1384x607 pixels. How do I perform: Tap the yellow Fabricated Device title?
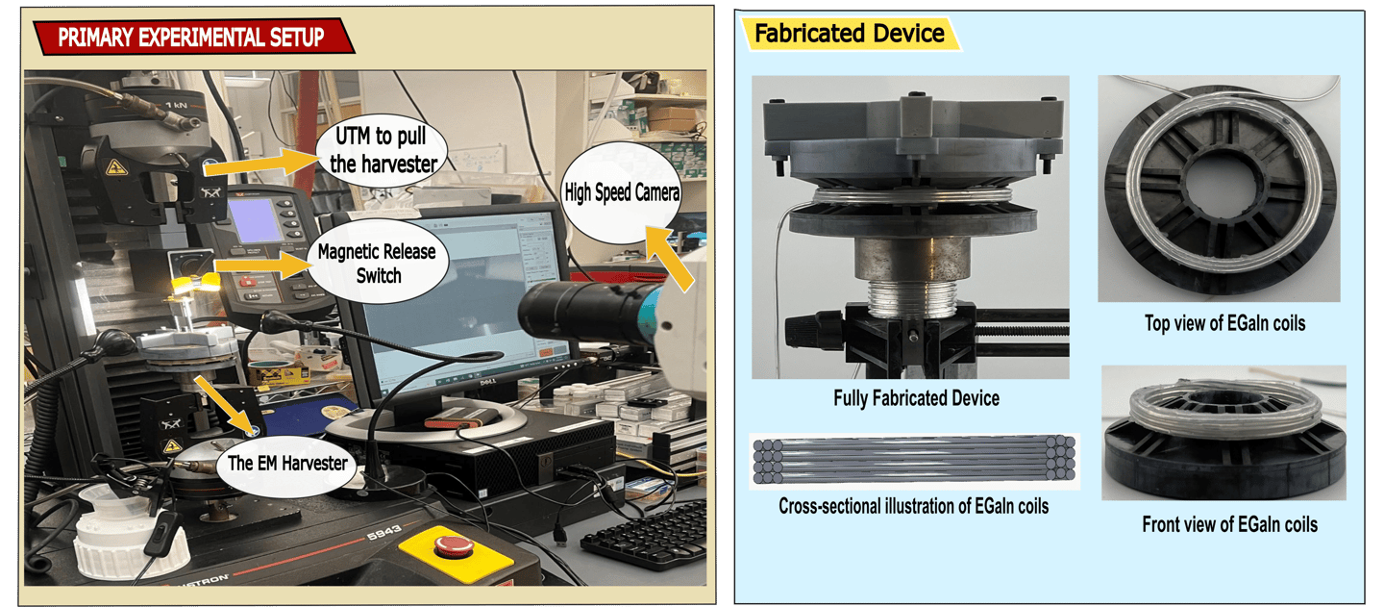click(x=849, y=34)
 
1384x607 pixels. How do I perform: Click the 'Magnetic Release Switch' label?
click(x=376, y=263)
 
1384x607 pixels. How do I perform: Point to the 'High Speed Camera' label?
click(x=622, y=193)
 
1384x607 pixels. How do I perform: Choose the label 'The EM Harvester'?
click(x=286, y=463)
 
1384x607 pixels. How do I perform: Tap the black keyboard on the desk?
click(x=646, y=535)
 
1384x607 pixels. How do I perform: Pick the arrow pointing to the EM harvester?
click(x=225, y=403)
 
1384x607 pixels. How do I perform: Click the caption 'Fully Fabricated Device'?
click(x=916, y=398)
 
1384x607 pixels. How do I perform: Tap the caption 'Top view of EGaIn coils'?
click(x=1224, y=323)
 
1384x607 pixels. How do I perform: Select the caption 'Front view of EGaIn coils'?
click(x=1229, y=524)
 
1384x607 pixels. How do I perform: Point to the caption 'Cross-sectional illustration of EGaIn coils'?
click(x=913, y=506)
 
